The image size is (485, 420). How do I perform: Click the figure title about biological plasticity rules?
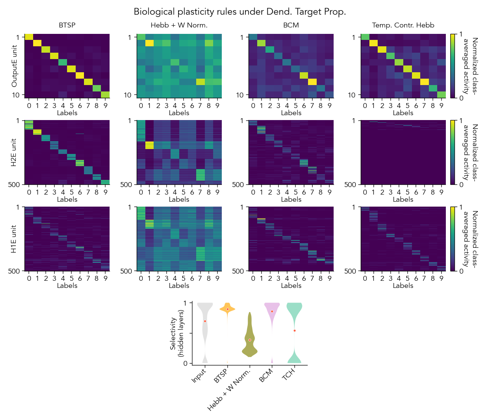click(240, 12)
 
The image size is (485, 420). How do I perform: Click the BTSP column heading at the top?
click(67, 25)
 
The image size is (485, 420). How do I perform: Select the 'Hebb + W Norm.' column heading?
click(179, 25)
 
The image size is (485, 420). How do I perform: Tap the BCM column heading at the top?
click(291, 25)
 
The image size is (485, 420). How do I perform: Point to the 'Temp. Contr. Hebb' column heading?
click(403, 25)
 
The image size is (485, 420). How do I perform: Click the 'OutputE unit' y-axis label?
click(15, 66)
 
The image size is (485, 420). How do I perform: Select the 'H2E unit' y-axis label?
click(15, 152)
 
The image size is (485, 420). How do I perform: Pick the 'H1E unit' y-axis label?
click(15, 239)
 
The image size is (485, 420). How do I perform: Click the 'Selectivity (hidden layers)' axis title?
click(176, 333)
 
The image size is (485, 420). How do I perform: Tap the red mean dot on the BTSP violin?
click(227, 309)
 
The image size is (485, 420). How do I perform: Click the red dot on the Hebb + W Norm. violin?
click(250, 340)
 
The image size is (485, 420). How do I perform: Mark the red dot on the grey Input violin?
click(205, 321)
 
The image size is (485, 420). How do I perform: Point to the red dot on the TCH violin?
click(294, 330)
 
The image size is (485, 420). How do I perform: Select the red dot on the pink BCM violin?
click(272, 311)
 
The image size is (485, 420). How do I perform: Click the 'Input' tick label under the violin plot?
click(199, 376)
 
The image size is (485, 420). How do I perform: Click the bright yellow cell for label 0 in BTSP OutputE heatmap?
click(29, 37)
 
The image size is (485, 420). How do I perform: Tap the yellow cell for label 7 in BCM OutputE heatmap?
click(312, 82)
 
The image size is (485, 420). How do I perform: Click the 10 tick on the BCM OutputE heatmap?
click(240, 95)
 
